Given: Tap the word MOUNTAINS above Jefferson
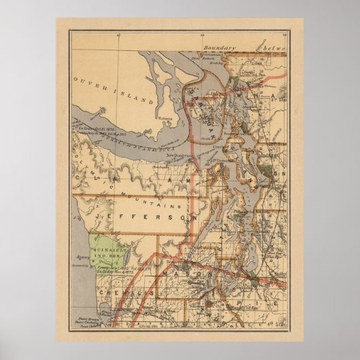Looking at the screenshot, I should pyautogui.click(x=158, y=202).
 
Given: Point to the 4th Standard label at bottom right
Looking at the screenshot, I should pyautogui.click(x=276, y=329).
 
